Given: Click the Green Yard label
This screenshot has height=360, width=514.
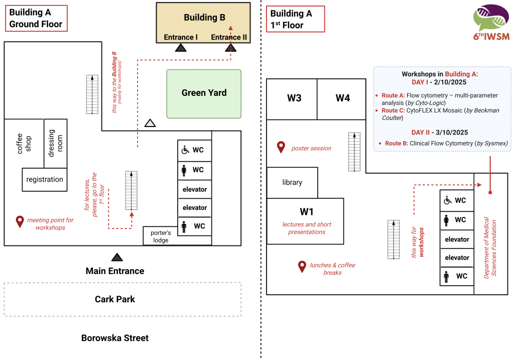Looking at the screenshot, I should (204, 93).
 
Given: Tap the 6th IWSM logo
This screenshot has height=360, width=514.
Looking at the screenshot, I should (490, 23).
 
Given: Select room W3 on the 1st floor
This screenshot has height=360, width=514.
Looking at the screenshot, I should (294, 98).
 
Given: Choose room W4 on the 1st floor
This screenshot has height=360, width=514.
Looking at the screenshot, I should (342, 98).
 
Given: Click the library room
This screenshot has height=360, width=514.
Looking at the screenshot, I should (292, 182).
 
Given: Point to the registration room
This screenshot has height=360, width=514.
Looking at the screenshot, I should (45, 180).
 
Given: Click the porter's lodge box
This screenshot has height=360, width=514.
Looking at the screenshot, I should (161, 236).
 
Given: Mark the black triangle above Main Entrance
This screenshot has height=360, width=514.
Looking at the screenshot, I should (117, 258).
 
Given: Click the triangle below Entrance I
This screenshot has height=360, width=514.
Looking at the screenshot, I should (181, 48).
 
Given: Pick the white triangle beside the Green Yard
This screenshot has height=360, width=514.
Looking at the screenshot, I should (150, 123).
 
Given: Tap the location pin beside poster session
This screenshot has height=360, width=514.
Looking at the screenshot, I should (281, 148).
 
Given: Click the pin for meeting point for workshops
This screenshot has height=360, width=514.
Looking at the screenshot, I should (20, 221).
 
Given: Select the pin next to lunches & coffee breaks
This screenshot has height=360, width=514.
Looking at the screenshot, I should (302, 267).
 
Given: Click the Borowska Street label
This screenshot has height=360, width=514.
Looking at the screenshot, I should (115, 338).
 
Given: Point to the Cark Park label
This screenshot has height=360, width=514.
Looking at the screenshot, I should (115, 299).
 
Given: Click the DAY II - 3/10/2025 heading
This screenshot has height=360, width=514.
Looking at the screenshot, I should (440, 133).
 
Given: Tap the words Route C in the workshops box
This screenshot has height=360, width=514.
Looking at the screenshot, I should (393, 110).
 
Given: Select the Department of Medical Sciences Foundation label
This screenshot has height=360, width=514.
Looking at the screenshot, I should (489, 248).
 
